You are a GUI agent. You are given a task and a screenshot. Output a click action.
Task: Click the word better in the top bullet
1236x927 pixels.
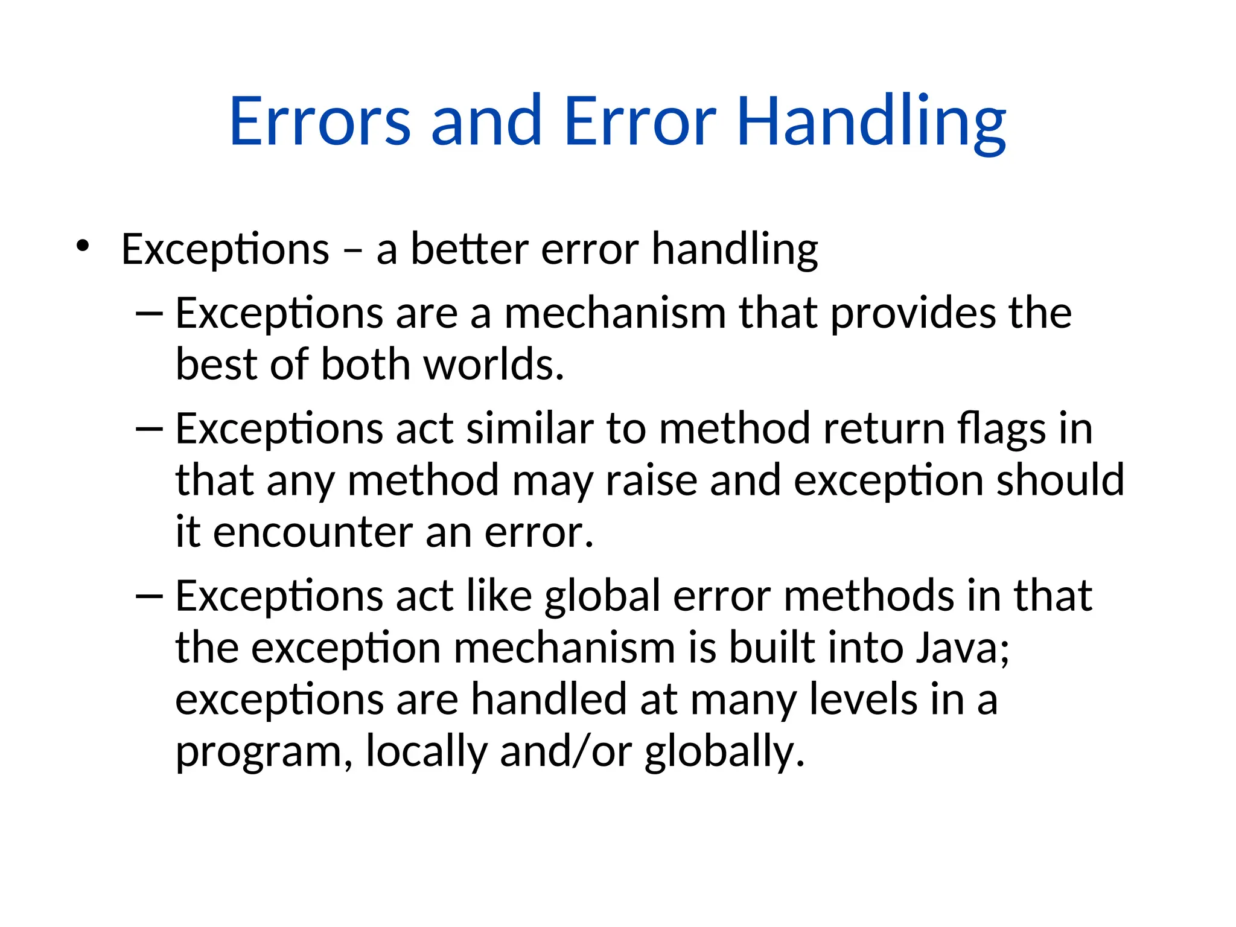(x=470, y=249)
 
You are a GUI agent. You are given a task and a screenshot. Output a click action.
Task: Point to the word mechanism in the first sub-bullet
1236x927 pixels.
(x=615, y=313)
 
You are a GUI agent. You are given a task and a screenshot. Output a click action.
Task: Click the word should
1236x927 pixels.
(x=1060, y=480)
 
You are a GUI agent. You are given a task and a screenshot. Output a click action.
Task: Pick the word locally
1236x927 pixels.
(x=426, y=751)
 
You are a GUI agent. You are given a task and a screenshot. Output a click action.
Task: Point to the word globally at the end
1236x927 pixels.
(x=724, y=751)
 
